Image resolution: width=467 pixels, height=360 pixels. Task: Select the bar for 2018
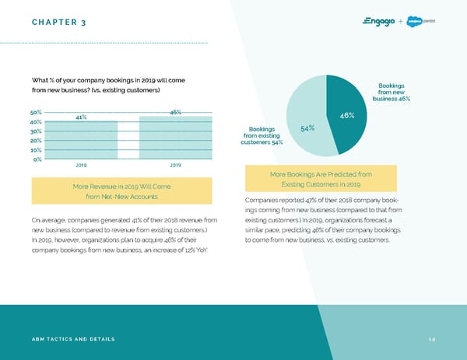click(81, 140)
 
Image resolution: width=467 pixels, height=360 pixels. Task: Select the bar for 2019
click(175, 138)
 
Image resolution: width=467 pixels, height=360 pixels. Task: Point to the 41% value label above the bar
click(81, 117)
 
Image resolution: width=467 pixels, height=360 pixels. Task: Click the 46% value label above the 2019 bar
click(175, 112)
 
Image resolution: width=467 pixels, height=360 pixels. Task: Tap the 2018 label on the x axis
click(81, 166)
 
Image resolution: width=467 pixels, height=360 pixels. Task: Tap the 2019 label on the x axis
click(175, 166)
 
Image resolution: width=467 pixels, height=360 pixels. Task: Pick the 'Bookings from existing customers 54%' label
click(262, 135)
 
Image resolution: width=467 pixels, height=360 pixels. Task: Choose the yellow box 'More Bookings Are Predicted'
click(321, 179)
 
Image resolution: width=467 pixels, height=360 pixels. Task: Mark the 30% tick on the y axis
click(37, 131)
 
